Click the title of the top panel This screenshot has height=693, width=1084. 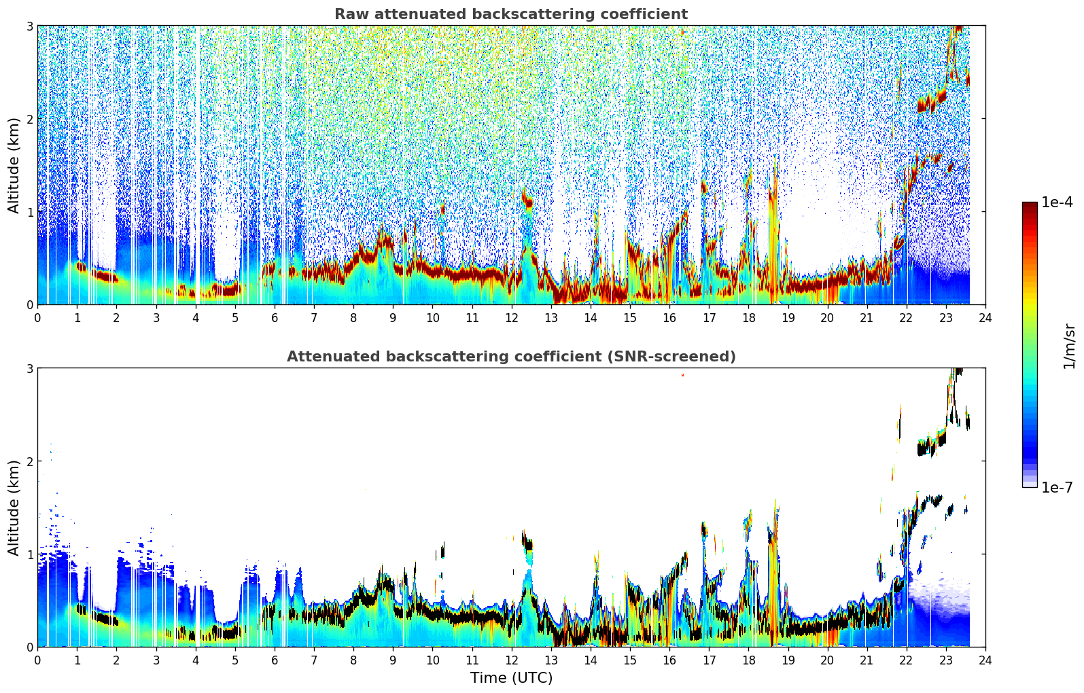pos(511,14)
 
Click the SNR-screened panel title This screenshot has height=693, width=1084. pos(511,357)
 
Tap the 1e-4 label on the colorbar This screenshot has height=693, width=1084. pos(1057,202)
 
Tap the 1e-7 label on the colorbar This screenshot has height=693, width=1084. pos(1057,487)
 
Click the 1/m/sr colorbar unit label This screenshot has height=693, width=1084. pos(1069,346)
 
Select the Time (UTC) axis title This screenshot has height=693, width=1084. pos(511,677)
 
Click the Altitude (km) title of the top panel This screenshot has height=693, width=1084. pos(14,166)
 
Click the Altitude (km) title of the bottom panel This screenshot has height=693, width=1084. pos(14,508)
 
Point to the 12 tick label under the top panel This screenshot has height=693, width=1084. pos(512,318)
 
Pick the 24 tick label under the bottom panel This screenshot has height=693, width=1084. pos(985,660)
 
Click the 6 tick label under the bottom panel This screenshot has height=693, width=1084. pos(275,660)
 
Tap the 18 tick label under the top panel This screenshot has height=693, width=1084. pos(749,318)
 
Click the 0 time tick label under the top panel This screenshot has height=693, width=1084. pos(38,318)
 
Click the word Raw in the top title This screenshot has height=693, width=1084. pos(349,14)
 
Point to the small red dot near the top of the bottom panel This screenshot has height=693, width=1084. pos(682,374)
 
